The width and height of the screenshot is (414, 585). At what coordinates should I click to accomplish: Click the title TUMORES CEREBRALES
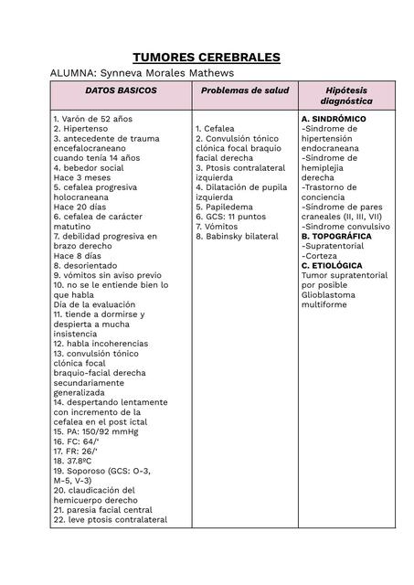[x=207, y=58]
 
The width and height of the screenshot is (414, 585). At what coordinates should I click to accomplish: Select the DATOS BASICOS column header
[x=121, y=90]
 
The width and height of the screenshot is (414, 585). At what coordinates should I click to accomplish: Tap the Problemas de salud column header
[x=244, y=90]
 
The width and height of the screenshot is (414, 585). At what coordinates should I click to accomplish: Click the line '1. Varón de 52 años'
[x=92, y=119]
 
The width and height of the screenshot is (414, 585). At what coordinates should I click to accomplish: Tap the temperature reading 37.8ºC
[x=72, y=462]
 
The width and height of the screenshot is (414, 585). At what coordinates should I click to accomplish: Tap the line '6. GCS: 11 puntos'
[x=230, y=217]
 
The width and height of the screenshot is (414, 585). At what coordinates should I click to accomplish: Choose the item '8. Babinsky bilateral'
[x=237, y=236]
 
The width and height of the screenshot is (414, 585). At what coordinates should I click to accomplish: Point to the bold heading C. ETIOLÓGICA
[x=331, y=266]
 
